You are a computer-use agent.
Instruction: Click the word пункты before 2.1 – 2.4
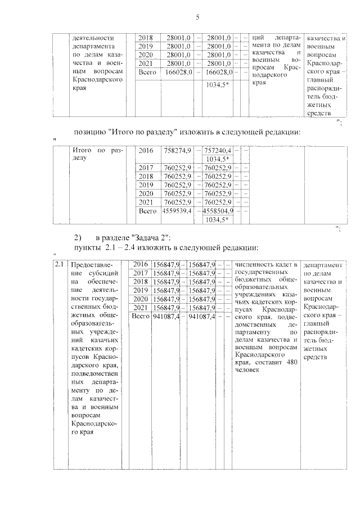tap(87, 248)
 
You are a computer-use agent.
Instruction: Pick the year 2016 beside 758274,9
tap(146, 151)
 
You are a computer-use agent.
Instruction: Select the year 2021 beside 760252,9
tap(146, 201)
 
